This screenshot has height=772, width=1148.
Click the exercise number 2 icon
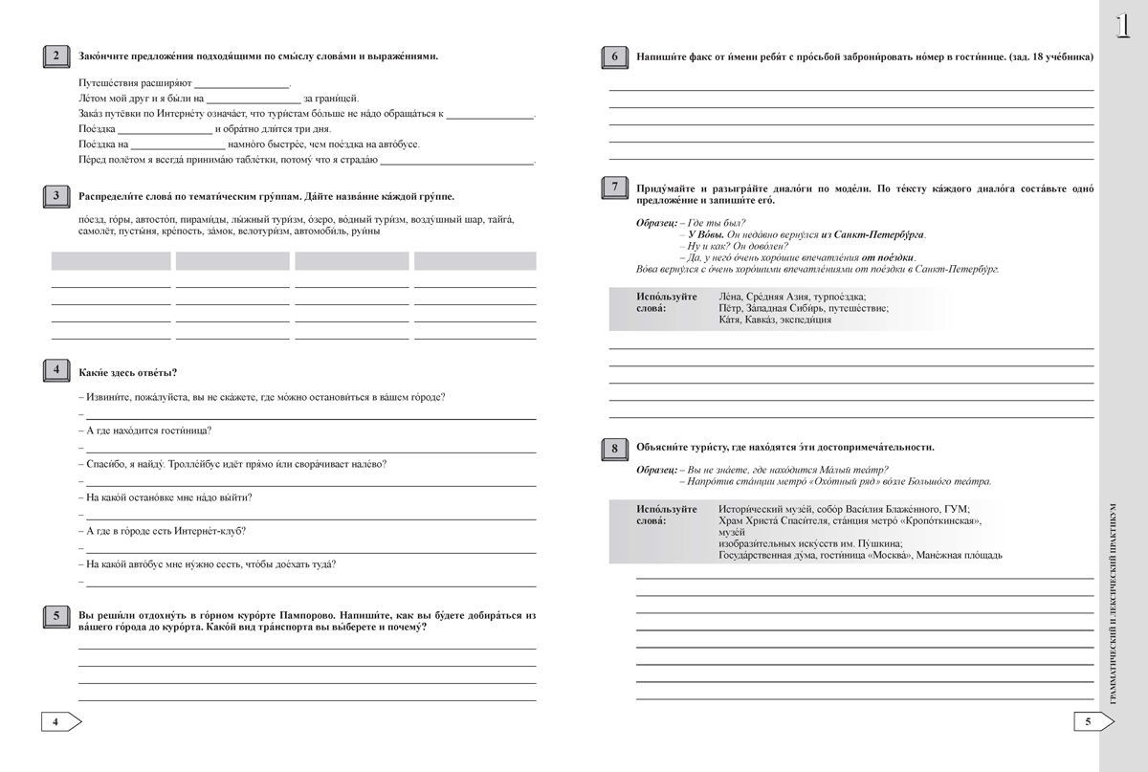55,56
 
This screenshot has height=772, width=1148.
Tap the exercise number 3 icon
55,197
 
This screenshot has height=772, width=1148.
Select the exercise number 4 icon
55,371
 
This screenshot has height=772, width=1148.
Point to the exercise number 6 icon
612,57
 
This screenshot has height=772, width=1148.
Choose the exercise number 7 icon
612,187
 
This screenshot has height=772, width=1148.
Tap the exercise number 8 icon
612,448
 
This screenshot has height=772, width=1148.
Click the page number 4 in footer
55,721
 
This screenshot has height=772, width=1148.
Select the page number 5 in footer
1088,721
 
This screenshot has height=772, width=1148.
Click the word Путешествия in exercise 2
106,82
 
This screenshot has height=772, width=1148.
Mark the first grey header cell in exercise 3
111,261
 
